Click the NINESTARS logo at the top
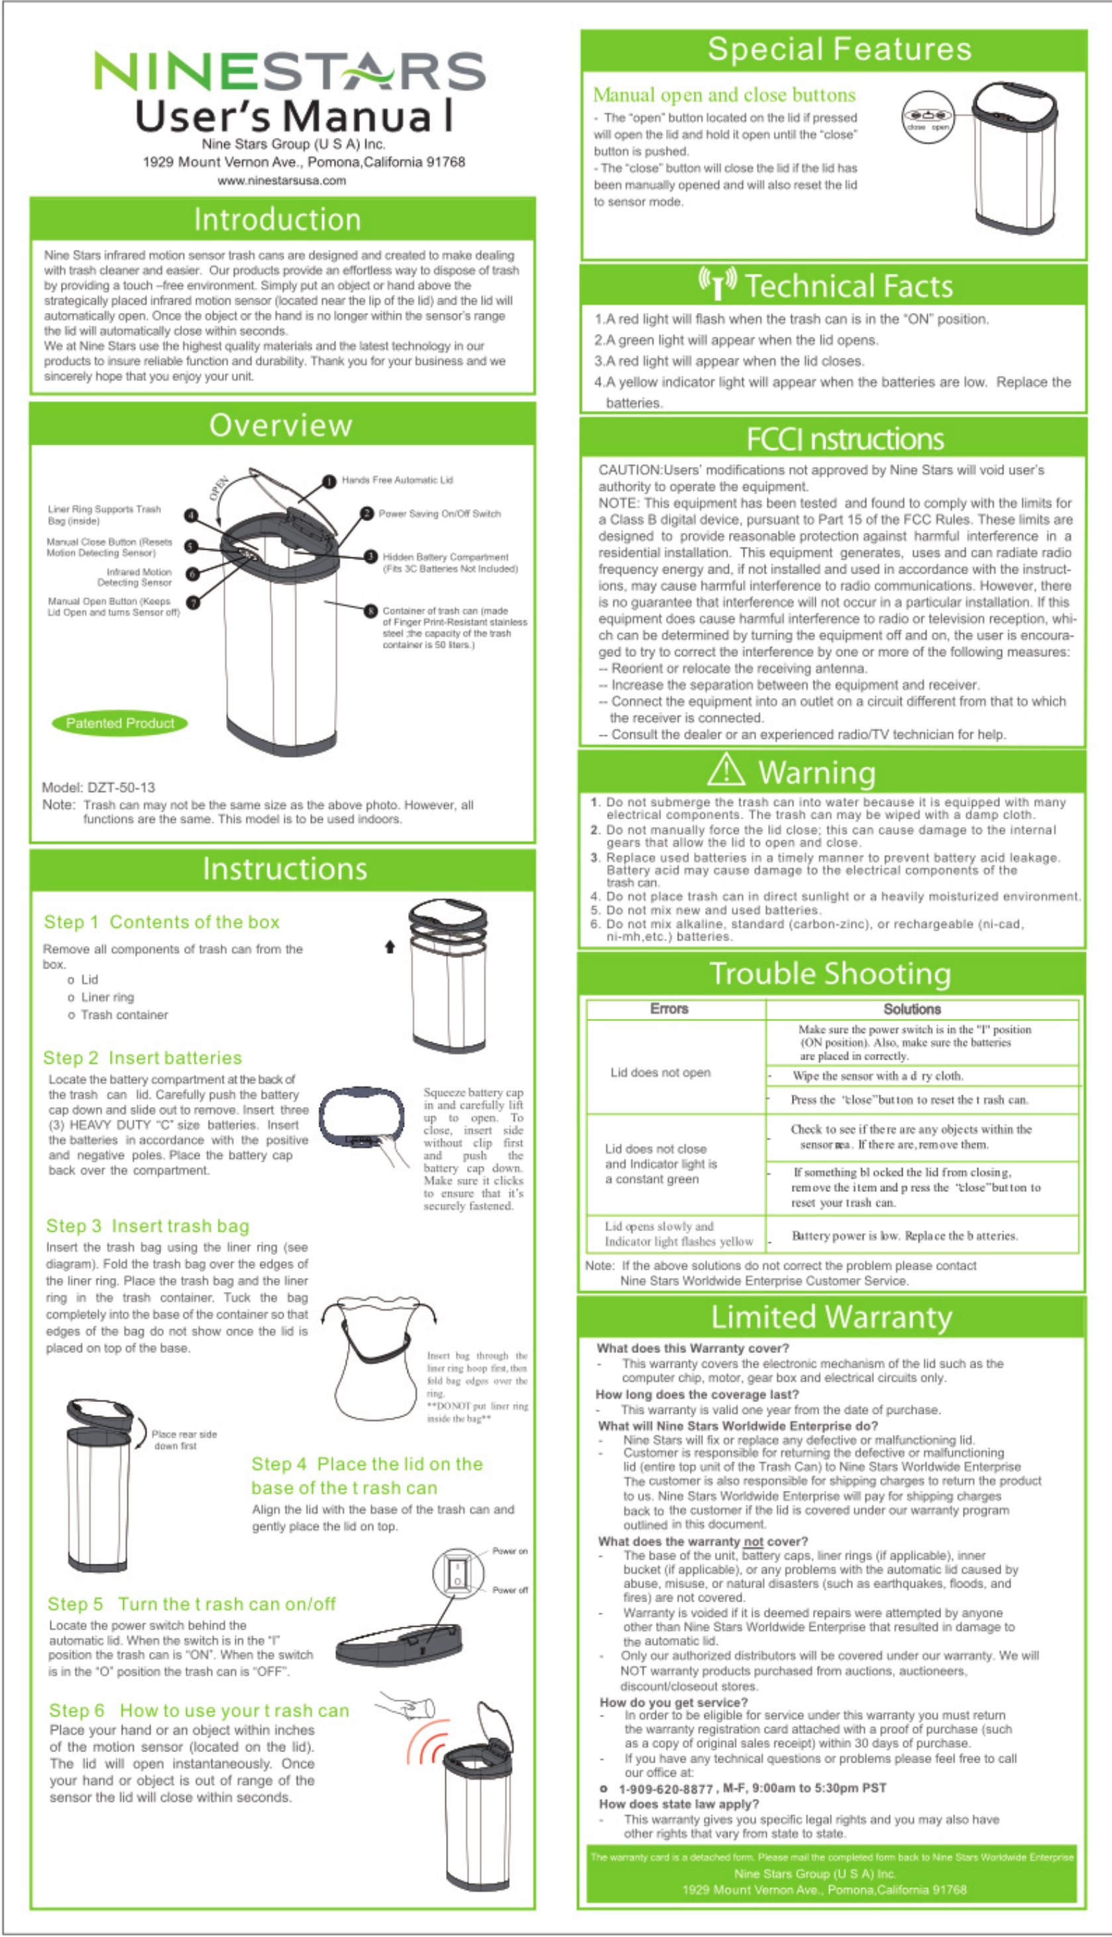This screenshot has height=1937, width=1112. pyautogui.click(x=290, y=71)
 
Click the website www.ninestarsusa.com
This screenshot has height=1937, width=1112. pyautogui.click(x=281, y=180)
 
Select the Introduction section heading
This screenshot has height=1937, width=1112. pyautogui.click(x=277, y=219)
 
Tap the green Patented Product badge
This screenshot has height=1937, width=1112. pyautogui.click(x=119, y=723)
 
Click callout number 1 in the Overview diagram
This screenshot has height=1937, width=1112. pyautogui.click(x=329, y=481)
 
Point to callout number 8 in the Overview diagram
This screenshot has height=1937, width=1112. pyautogui.click(x=370, y=611)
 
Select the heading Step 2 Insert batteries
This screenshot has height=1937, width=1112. pyautogui.click(x=143, y=1058)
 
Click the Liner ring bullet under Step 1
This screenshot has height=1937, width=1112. pyautogui.click(x=107, y=997)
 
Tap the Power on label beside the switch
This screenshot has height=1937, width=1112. pyautogui.click(x=510, y=1551)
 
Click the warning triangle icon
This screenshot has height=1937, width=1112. pyautogui.click(x=726, y=770)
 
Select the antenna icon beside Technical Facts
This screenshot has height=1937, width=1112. pyautogui.click(x=717, y=283)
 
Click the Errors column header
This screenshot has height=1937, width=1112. pyautogui.click(x=669, y=1008)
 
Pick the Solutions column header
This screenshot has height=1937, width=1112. pyautogui.click(x=912, y=1008)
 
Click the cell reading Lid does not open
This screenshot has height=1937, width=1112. pyautogui.click(x=660, y=1073)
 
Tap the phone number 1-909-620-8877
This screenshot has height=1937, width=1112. pyautogui.click(x=665, y=1788)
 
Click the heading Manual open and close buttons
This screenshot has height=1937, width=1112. pyautogui.click(x=724, y=95)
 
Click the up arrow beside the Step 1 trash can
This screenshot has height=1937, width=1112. pyautogui.click(x=390, y=947)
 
